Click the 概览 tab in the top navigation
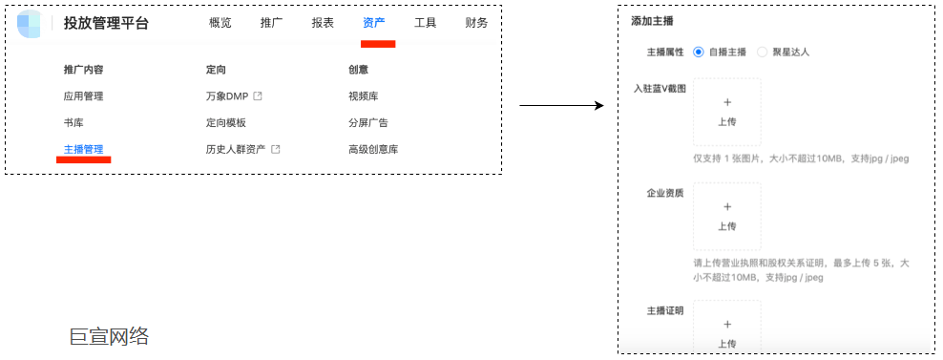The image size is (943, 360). click(x=220, y=23)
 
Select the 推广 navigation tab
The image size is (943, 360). click(x=271, y=23)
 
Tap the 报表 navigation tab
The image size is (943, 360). click(x=323, y=23)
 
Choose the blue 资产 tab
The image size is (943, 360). click(x=374, y=23)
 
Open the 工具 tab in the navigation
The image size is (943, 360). click(x=426, y=23)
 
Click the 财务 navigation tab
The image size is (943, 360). click(x=476, y=23)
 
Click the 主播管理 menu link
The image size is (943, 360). click(x=83, y=149)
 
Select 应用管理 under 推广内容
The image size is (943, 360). click(x=83, y=95)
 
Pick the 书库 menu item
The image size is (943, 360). click(x=73, y=122)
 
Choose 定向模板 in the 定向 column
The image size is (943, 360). click(x=226, y=122)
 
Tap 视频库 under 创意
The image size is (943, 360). click(x=364, y=95)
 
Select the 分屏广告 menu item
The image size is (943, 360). click(x=368, y=122)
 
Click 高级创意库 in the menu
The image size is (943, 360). click(x=373, y=149)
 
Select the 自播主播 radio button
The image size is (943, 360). click(x=699, y=52)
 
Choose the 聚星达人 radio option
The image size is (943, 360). click(x=762, y=52)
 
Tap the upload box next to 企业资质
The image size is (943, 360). click(x=726, y=216)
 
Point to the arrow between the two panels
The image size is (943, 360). click(x=561, y=104)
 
